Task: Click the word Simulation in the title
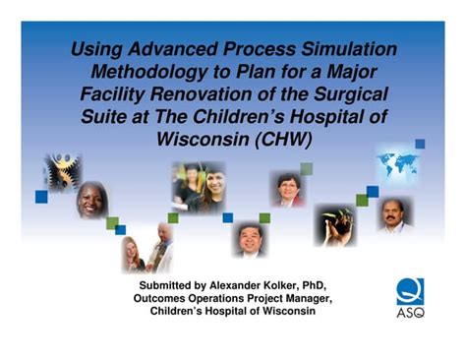tap(346, 49)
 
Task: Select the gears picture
tap(61, 173)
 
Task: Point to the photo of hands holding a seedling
tap(335, 225)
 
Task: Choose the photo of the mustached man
tap(394, 213)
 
